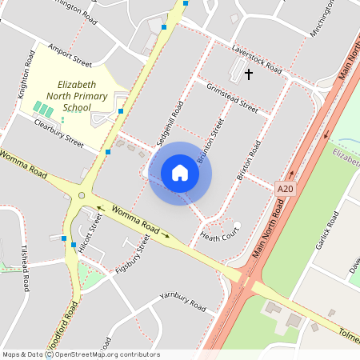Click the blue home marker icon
[x=180, y=173]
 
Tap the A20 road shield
[x=283, y=187]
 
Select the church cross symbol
[x=248, y=74]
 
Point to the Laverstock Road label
[x=257, y=58]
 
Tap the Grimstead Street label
[x=232, y=98]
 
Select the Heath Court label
[x=220, y=236]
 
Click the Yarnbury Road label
[x=182, y=302]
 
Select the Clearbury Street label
[x=58, y=133]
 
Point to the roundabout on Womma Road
[x=82, y=195]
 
